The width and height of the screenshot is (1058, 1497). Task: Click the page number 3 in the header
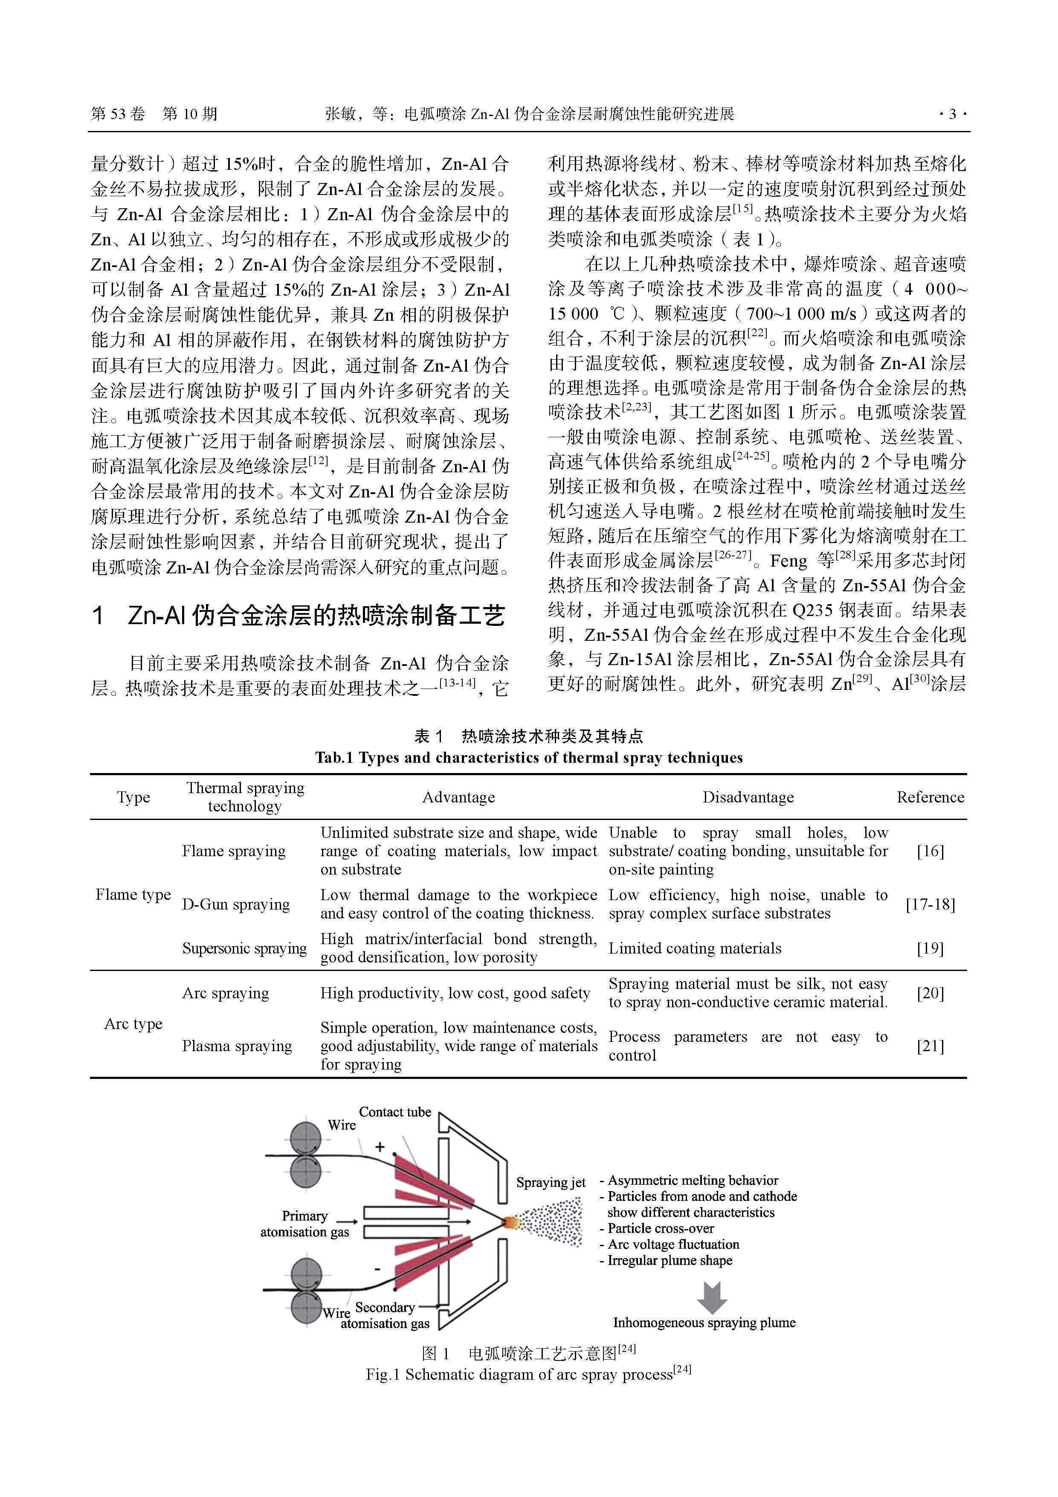click(x=952, y=115)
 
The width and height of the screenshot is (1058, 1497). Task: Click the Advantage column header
click(x=458, y=797)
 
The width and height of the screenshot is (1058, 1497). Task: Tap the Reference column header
click(x=930, y=797)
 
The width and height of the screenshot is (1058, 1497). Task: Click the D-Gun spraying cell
click(x=235, y=904)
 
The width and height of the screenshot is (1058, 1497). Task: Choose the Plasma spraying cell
click(x=237, y=1046)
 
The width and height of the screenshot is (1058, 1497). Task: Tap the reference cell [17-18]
click(x=930, y=904)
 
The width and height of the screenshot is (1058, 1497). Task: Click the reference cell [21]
click(x=930, y=1046)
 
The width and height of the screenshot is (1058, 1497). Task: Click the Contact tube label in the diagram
click(x=395, y=1112)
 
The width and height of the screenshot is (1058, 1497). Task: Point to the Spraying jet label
click(x=551, y=1182)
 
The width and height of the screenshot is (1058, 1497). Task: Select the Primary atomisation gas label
click(x=304, y=1224)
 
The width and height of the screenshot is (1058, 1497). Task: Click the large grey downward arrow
click(x=712, y=1297)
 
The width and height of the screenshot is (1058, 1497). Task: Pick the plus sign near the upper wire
click(x=380, y=1146)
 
